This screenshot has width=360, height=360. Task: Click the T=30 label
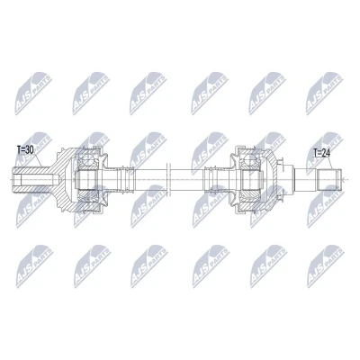(25, 150)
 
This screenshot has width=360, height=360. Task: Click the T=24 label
(321, 153)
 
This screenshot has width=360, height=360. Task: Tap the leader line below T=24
(331, 164)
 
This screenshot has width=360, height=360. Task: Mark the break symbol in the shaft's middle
(168, 179)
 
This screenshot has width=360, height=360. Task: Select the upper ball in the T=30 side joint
(87, 158)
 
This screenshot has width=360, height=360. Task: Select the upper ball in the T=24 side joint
(250, 159)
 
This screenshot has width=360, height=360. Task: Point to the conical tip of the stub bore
(56, 179)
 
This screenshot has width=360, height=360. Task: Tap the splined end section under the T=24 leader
(329, 179)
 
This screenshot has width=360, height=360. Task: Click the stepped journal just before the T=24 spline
(306, 179)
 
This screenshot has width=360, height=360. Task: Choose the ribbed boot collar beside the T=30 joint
(126, 179)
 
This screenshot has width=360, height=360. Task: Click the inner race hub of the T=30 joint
(86, 179)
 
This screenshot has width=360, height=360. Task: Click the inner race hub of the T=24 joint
(250, 179)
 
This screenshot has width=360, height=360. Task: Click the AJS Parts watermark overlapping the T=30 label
(33, 149)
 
